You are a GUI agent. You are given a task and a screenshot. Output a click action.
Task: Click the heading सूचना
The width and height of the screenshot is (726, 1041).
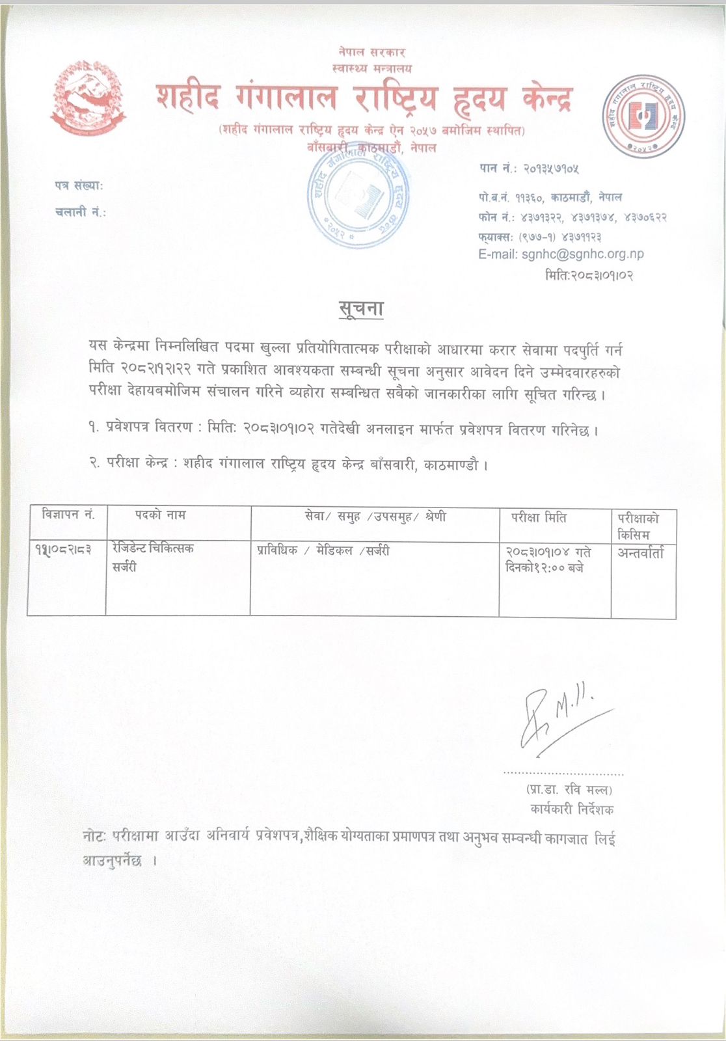click(362, 308)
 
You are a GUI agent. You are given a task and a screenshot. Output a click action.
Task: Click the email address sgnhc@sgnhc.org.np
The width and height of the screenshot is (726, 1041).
click(582, 254)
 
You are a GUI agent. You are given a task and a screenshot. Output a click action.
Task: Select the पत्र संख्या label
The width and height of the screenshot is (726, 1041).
click(79, 185)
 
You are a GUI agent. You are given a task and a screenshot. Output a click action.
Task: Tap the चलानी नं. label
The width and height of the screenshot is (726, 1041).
click(81, 211)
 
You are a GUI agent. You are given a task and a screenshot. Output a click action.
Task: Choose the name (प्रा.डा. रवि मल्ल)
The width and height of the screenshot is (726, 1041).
click(569, 790)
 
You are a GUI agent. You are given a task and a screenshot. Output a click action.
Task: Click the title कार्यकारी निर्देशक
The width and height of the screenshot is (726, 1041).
click(571, 809)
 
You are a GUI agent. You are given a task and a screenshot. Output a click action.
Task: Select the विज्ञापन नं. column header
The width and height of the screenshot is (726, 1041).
click(67, 515)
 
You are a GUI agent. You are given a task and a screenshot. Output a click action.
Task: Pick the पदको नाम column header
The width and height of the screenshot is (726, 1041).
click(160, 515)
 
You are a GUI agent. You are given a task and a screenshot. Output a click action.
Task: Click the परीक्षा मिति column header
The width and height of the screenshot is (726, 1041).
click(539, 518)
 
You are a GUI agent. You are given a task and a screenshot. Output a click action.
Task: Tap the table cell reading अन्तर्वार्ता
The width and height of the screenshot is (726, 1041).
click(641, 554)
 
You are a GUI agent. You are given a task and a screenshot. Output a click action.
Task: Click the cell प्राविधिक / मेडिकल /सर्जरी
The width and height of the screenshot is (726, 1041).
click(323, 550)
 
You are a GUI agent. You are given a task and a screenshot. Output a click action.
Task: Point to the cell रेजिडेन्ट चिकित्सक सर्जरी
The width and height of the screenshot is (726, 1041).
click(152, 558)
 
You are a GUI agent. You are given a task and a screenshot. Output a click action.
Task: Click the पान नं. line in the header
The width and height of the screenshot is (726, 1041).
click(529, 169)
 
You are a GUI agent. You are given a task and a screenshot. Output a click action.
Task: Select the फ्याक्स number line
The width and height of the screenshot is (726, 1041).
click(539, 237)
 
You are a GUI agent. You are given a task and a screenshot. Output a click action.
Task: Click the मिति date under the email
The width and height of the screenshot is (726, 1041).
click(589, 275)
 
